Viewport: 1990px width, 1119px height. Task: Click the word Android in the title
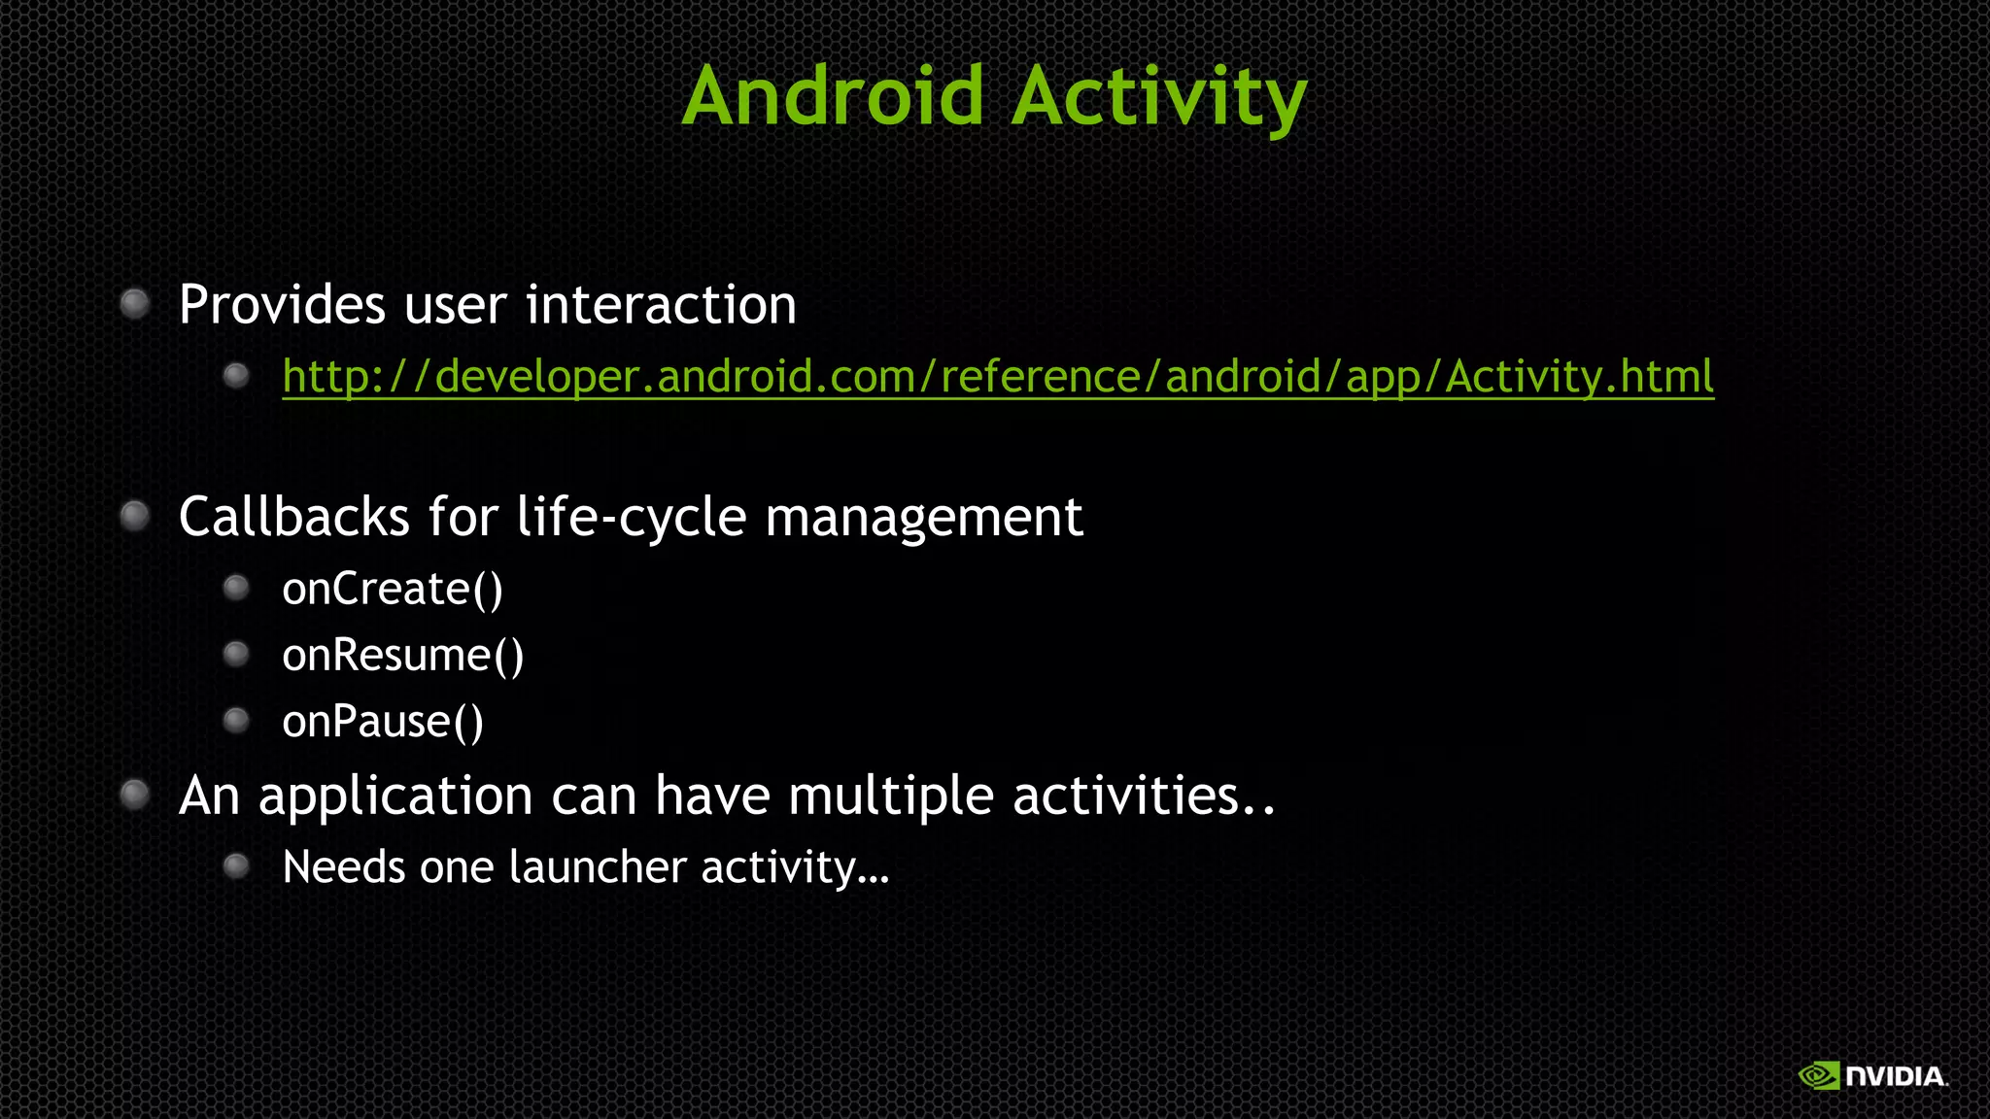[834, 96]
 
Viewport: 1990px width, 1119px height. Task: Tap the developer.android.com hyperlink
[998, 377]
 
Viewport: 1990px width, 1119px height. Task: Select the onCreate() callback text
[393, 590]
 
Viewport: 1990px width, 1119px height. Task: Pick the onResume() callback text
[403, 656]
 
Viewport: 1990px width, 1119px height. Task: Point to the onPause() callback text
[383, 722]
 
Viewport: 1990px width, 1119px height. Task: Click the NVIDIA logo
[1872, 1076]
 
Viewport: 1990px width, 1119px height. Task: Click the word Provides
[282, 305]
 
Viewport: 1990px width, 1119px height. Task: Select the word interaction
[661, 305]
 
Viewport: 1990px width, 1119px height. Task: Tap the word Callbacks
[293, 517]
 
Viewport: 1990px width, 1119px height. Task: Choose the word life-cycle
[632, 517]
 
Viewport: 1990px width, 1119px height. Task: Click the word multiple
[891, 797]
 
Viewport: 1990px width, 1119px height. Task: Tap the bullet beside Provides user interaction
[135, 304]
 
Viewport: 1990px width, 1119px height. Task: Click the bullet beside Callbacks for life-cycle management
[135, 516]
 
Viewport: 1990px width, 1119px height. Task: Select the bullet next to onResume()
[236, 654]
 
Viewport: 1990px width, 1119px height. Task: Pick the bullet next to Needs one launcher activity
[236, 865]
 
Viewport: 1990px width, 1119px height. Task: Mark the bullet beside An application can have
[135, 796]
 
